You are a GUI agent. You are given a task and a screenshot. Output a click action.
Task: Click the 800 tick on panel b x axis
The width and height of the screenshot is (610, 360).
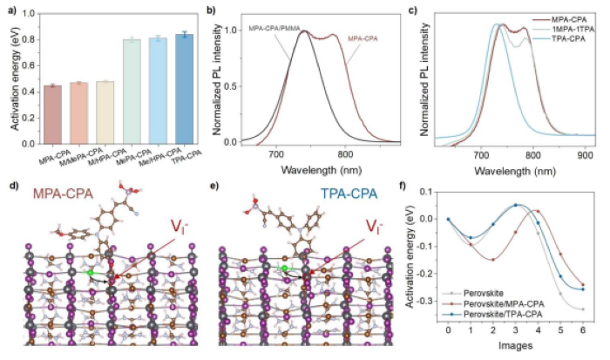point(345,153)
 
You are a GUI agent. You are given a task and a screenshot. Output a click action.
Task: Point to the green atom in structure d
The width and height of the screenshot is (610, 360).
point(90,273)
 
